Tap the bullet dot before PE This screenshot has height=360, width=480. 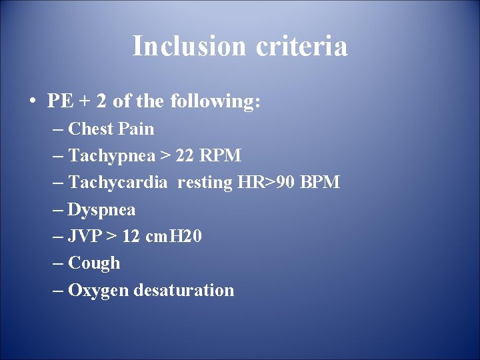coord(32,102)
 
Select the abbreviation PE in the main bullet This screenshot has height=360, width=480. coord(59,101)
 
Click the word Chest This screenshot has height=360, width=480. coord(91,129)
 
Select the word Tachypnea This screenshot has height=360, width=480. coord(111,156)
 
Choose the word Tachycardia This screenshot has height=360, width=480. coord(118,183)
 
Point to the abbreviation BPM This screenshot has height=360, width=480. coord(319,183)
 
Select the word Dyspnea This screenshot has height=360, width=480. coord(101,210)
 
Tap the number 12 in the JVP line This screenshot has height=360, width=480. coord(131,237)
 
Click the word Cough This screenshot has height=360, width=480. coord(94,263)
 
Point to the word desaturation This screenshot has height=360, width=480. coord(184,291)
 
